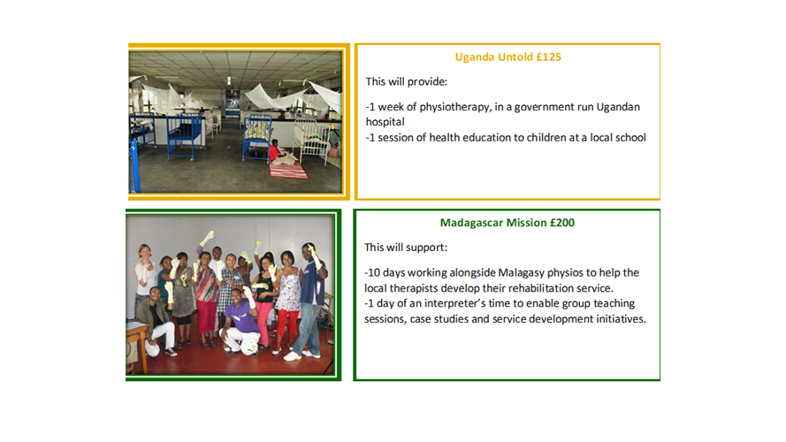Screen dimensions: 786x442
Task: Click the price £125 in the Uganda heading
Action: (x=548, y=57)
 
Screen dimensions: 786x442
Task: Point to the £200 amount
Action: (x=562, y=223)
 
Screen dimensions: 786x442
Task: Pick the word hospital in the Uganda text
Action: (x=385, y=122)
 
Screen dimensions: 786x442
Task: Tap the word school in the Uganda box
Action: (x=632, y=137)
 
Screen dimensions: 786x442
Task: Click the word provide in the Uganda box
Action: (x=427, y=81)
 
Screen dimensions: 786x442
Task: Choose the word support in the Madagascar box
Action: (x=426, y=248)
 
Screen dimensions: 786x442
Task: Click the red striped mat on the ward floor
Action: (x=288, y=170)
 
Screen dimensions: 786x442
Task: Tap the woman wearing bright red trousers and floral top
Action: (x=288, y=301)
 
